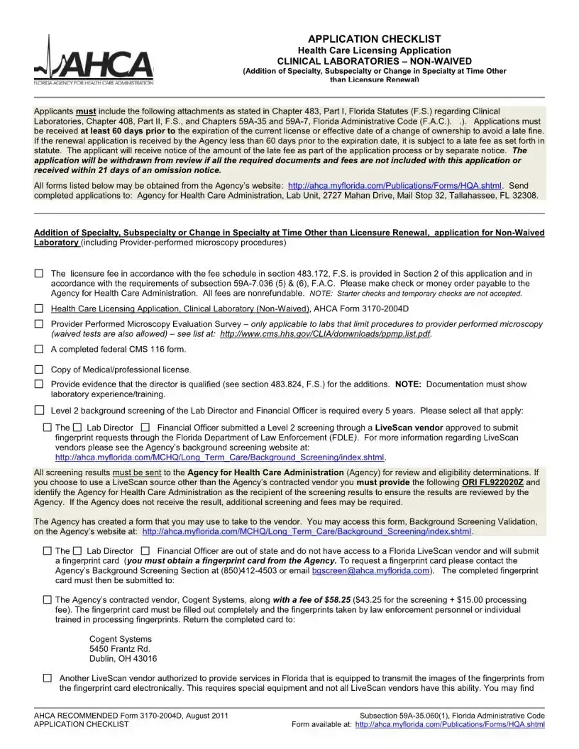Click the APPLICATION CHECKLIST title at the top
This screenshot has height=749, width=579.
(x=374, y=39)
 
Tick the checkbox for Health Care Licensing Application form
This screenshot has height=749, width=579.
(x=39, y=309)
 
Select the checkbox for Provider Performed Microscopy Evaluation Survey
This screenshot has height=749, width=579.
(x=39, y=324)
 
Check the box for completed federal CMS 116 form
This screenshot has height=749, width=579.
(x=39, y=350)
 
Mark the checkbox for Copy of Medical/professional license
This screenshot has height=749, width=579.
(x=39, y=370)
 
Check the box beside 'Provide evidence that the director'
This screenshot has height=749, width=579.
(x=39, y=384)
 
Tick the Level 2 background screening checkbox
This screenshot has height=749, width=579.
(x=39, y=410)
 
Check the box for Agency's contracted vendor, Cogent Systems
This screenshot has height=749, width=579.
(x=47, y=599)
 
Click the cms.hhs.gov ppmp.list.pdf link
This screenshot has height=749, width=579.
(x=326, y=334)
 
